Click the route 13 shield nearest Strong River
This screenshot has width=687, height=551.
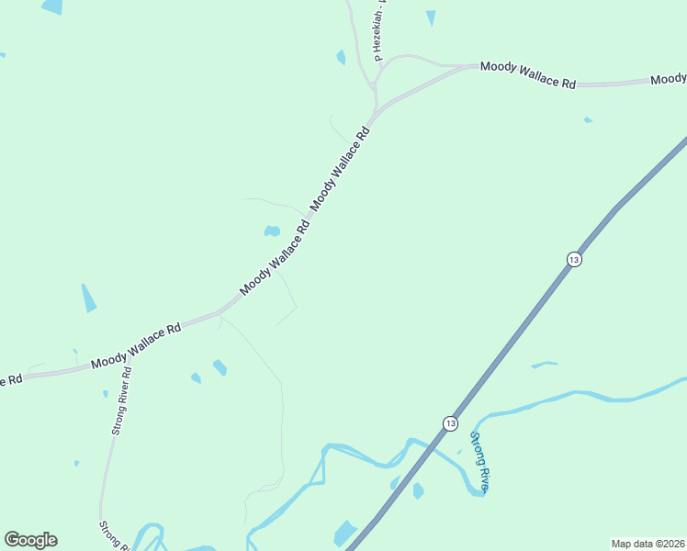pos(449,423)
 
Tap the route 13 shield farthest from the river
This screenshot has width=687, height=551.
pos(574,259)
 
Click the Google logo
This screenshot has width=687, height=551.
pos(30,540)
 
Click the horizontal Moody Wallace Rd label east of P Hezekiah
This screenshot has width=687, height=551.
pos(528,74)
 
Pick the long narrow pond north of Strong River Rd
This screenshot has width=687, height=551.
pos(88,298)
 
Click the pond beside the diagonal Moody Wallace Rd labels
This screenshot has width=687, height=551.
pos(272,231)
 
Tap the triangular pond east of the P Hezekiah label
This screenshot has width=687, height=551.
pos(431,17)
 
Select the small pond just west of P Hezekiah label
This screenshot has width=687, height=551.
pos(341,57)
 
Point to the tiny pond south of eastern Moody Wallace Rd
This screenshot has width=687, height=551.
pos(588,119)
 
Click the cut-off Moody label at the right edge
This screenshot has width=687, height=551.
pos(668,80)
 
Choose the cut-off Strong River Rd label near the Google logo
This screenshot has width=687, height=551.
pos(116,536)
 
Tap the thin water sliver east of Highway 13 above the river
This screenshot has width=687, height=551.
pos(544,365)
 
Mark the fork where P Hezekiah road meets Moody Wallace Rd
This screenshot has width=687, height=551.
pos(374,87)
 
